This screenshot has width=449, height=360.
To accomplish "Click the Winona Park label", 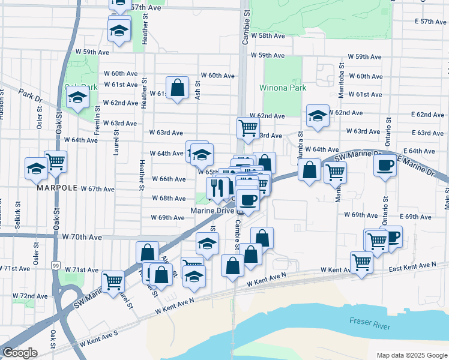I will [x=283, y=88].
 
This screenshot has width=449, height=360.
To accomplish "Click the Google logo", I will [x=19, y=353].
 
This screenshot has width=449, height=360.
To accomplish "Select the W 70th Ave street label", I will [x=82, y=237].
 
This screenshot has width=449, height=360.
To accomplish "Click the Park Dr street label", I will [x=29, y=95].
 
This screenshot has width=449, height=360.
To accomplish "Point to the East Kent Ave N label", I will [x=412, y=266].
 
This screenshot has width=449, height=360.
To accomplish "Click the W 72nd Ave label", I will [x=30, y=296].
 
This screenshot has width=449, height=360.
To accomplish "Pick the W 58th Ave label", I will [x=268, y=36].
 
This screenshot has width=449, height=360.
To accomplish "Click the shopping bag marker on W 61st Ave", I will [x=178, y=88].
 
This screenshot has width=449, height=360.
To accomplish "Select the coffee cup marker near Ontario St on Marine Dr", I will [x=385, y=164].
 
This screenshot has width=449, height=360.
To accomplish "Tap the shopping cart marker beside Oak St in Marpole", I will [x=55, y=161].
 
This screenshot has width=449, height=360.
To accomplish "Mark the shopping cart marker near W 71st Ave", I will [x=113, y=280].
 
